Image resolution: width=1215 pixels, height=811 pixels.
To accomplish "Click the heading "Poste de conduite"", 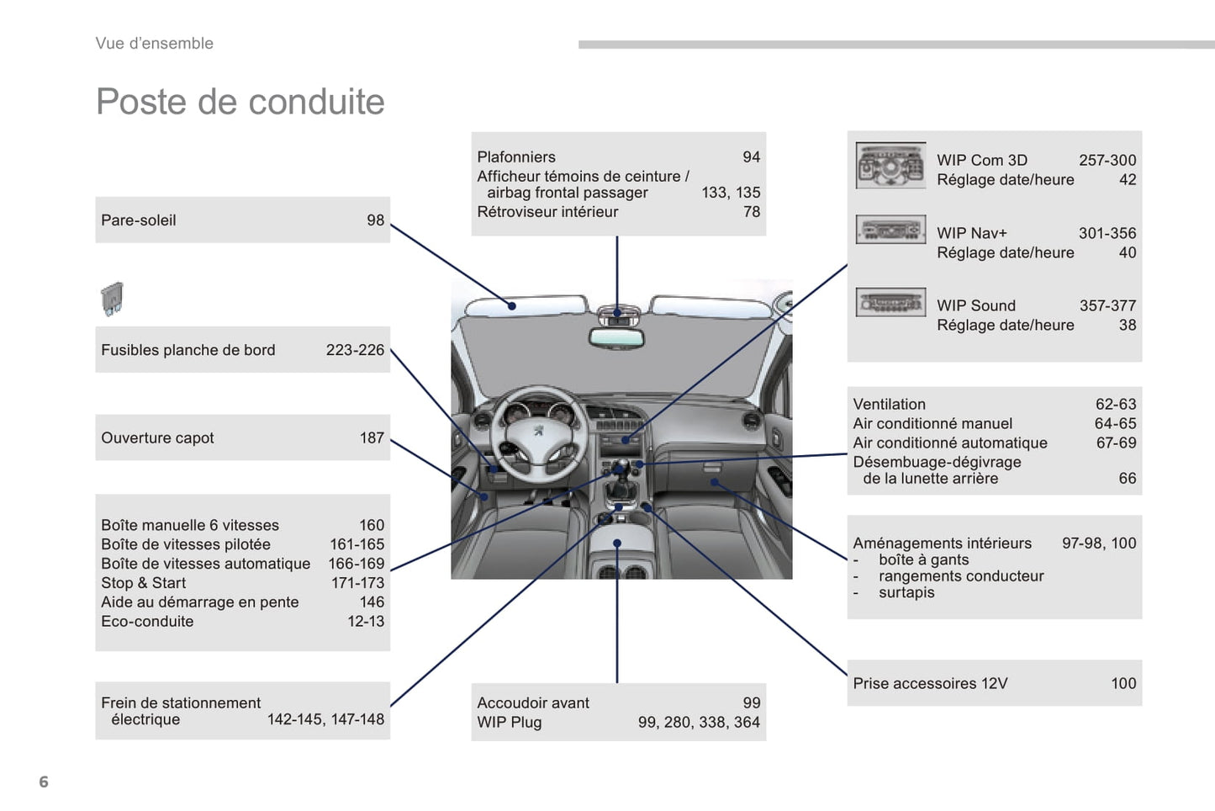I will point(240,102).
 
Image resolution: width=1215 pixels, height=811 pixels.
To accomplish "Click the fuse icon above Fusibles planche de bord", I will point(112,298).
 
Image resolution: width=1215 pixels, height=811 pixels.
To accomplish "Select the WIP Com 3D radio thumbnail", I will point(890,166).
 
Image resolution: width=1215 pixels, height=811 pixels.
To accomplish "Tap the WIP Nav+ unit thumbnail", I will point(890,229).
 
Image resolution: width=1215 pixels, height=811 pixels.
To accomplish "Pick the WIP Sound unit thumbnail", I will point(890,302).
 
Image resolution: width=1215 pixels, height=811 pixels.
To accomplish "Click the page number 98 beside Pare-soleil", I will point(375,220).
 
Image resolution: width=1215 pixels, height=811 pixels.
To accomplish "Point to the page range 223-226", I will point(355,350).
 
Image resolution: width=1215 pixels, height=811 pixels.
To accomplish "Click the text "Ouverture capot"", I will point(157,437).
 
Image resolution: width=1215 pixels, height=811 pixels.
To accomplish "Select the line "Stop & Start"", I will point(143,583).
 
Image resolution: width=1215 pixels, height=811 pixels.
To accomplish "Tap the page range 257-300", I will point(1107,160).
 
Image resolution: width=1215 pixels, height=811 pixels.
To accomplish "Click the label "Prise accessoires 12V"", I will point(930,683).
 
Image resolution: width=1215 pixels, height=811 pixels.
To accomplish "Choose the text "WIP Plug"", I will point(509,722).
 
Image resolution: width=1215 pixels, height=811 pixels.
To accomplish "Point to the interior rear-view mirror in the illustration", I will point(616,338).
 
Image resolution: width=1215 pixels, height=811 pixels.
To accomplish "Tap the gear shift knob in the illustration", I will point(621,468).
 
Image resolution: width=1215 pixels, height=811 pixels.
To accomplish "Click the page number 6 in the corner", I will point(44,782).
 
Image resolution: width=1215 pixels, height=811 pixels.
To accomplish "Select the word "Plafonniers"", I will point(516,156).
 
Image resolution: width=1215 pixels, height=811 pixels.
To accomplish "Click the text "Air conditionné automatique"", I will point(950,443).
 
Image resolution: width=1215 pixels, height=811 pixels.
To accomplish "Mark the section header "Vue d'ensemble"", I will point(155,44).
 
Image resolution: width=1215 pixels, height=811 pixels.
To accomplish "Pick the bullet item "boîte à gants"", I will point(923,559).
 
